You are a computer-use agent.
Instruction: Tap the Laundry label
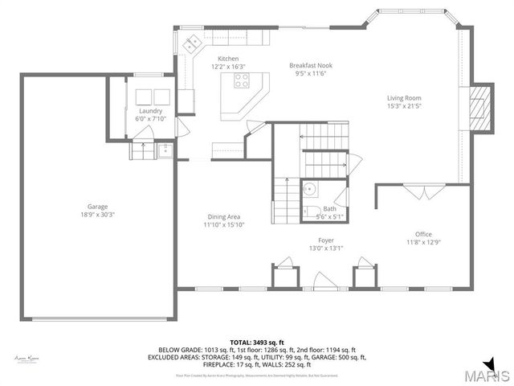[x=150, y=111]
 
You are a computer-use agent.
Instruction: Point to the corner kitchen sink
[x=193, y=44]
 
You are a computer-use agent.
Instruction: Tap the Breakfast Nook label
[x=311, y=66]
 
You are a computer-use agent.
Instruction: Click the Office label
[x=423, y=234]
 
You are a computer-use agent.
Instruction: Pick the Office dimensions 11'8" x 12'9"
[x=423, y=242]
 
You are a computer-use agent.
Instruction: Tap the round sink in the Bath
[x=310, y=190]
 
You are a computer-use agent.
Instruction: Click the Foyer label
[x=325, y=240]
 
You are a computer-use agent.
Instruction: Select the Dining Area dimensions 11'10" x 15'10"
[x=222, y=225]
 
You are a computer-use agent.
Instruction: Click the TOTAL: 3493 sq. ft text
[x=257, y=343]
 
